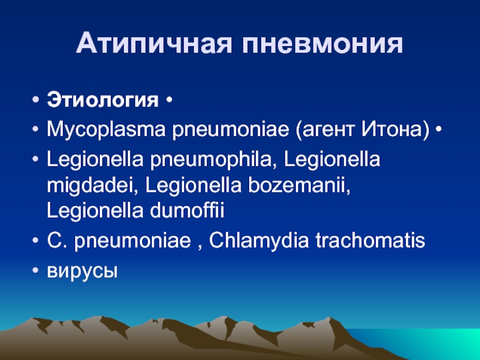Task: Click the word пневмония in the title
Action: point(322,44)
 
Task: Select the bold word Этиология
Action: point(103,100)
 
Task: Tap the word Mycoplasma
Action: point(106,129)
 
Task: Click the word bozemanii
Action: point(299,185)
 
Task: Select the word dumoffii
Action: point(187,210)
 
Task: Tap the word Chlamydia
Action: point(259,241)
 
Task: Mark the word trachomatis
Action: point(370,241)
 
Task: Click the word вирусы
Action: point(82,271)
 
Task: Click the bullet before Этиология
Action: point(35,100)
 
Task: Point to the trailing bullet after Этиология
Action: point(169,100)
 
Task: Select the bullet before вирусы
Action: point(35,271)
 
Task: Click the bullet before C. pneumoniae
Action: point(35,241)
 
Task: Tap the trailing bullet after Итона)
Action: point(439,130)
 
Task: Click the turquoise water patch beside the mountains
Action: point(428,343)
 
